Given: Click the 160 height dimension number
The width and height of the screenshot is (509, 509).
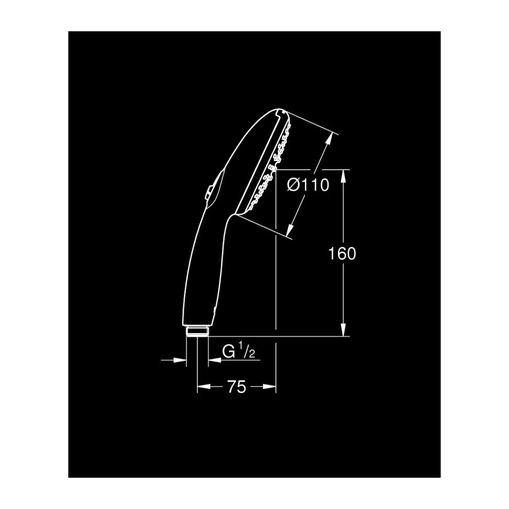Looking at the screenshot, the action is pyautogui.click(x=342, y=254).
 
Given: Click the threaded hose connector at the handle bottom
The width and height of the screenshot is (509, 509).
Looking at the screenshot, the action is pyautogui.click(x=197, y=331).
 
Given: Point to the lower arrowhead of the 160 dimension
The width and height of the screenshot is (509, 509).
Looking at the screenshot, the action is pyautogui.click(x=343, y=329).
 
